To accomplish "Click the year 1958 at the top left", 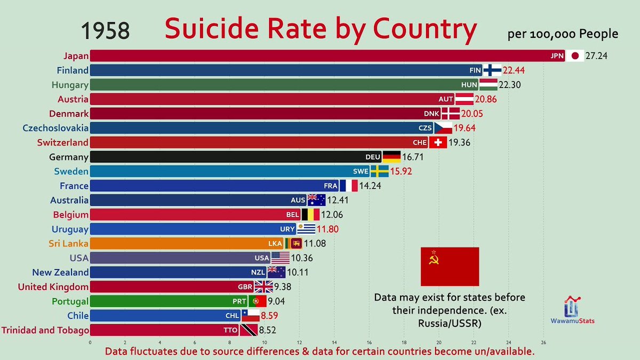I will (106, 31).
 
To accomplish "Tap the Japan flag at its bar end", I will (574, 55).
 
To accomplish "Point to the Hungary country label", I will (70, 84).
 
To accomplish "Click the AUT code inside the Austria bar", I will (445, 99).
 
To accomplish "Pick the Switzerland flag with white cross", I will (438, 142).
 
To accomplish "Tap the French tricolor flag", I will (349, 186).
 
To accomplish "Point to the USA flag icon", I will (280, 258).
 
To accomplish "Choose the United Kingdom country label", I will (53, 287).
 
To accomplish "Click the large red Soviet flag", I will (450, 266).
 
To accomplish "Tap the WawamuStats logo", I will (572, 310).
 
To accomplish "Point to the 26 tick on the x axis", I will (543, 342).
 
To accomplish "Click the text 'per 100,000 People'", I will (563, 34).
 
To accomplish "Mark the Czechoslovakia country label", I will (55, 128).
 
